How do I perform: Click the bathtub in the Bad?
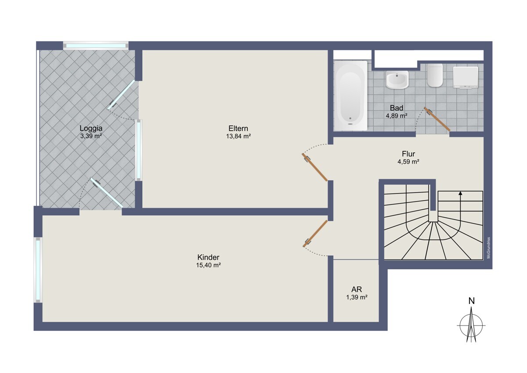[350, 96]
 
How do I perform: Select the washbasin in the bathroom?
[397, 80]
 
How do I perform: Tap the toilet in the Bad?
[435, 75]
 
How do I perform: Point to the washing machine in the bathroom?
[466, 77]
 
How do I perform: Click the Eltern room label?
[238, 128]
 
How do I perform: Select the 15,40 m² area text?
[209, 265]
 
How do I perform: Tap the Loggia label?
[91, 128]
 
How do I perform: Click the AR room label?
[357, 289]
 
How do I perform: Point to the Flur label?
[408, 154]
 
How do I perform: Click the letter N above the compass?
[472, 301]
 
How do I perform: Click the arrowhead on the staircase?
[460, 193]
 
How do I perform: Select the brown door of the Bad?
[437, 119]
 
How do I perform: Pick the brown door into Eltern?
[315, 167]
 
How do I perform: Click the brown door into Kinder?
[315, 234]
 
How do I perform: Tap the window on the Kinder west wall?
[38, 270]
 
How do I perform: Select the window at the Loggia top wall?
[96, 46]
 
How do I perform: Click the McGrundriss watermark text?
[489, 248]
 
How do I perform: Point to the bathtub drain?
[350, 118]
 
